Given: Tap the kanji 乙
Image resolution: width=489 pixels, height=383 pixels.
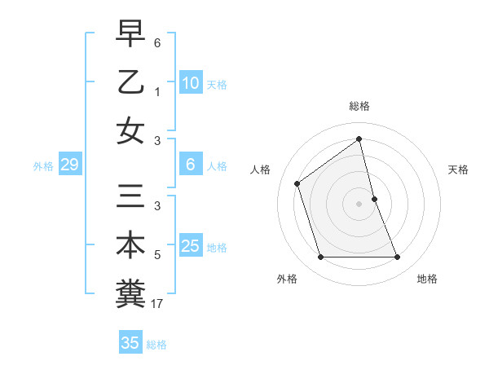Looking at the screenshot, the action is pyautogui.click(x=130, y=82).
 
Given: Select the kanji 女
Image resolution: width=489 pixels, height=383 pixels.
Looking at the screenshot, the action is pyautogui.click(x=130, y=130).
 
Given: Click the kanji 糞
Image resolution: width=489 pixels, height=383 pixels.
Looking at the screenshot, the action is pyautogui.click(x=130, y=293).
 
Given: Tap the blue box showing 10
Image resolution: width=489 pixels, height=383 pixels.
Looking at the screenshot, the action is pyautogui.click(x=190, y=83).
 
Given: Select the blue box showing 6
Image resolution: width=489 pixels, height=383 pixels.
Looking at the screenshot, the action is pyautogui.click(x=190, y=165).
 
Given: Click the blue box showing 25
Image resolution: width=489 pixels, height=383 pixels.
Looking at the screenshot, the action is pyautogui.click(x=190, y=246).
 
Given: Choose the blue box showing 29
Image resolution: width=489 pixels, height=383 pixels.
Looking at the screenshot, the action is pyautogui.click(x=69, y=165).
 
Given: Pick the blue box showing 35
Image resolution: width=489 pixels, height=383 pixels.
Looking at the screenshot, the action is pyautogui.click(x=130, y=343).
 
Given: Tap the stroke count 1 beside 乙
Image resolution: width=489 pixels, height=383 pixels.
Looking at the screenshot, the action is pyautogui.click(x=158, y=91).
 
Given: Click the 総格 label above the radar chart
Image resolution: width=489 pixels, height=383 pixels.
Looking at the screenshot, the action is pyautogui.click(x=359, y=106).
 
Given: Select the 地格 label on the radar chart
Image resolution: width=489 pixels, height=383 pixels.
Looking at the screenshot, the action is pyautogui.click(x=427, y=279).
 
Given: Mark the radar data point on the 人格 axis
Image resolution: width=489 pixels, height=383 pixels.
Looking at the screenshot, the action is pyautogui.click(x=297, y=183).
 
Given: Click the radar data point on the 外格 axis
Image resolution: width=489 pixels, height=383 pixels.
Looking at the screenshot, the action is pyautogui.click(x=320, y=258).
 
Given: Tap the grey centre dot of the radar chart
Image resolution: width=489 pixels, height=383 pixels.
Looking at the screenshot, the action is pyautogui.click(x=359, y=204).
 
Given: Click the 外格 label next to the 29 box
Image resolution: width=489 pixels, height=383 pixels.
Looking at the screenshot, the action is pyautogui.click(x=43, y=166).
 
